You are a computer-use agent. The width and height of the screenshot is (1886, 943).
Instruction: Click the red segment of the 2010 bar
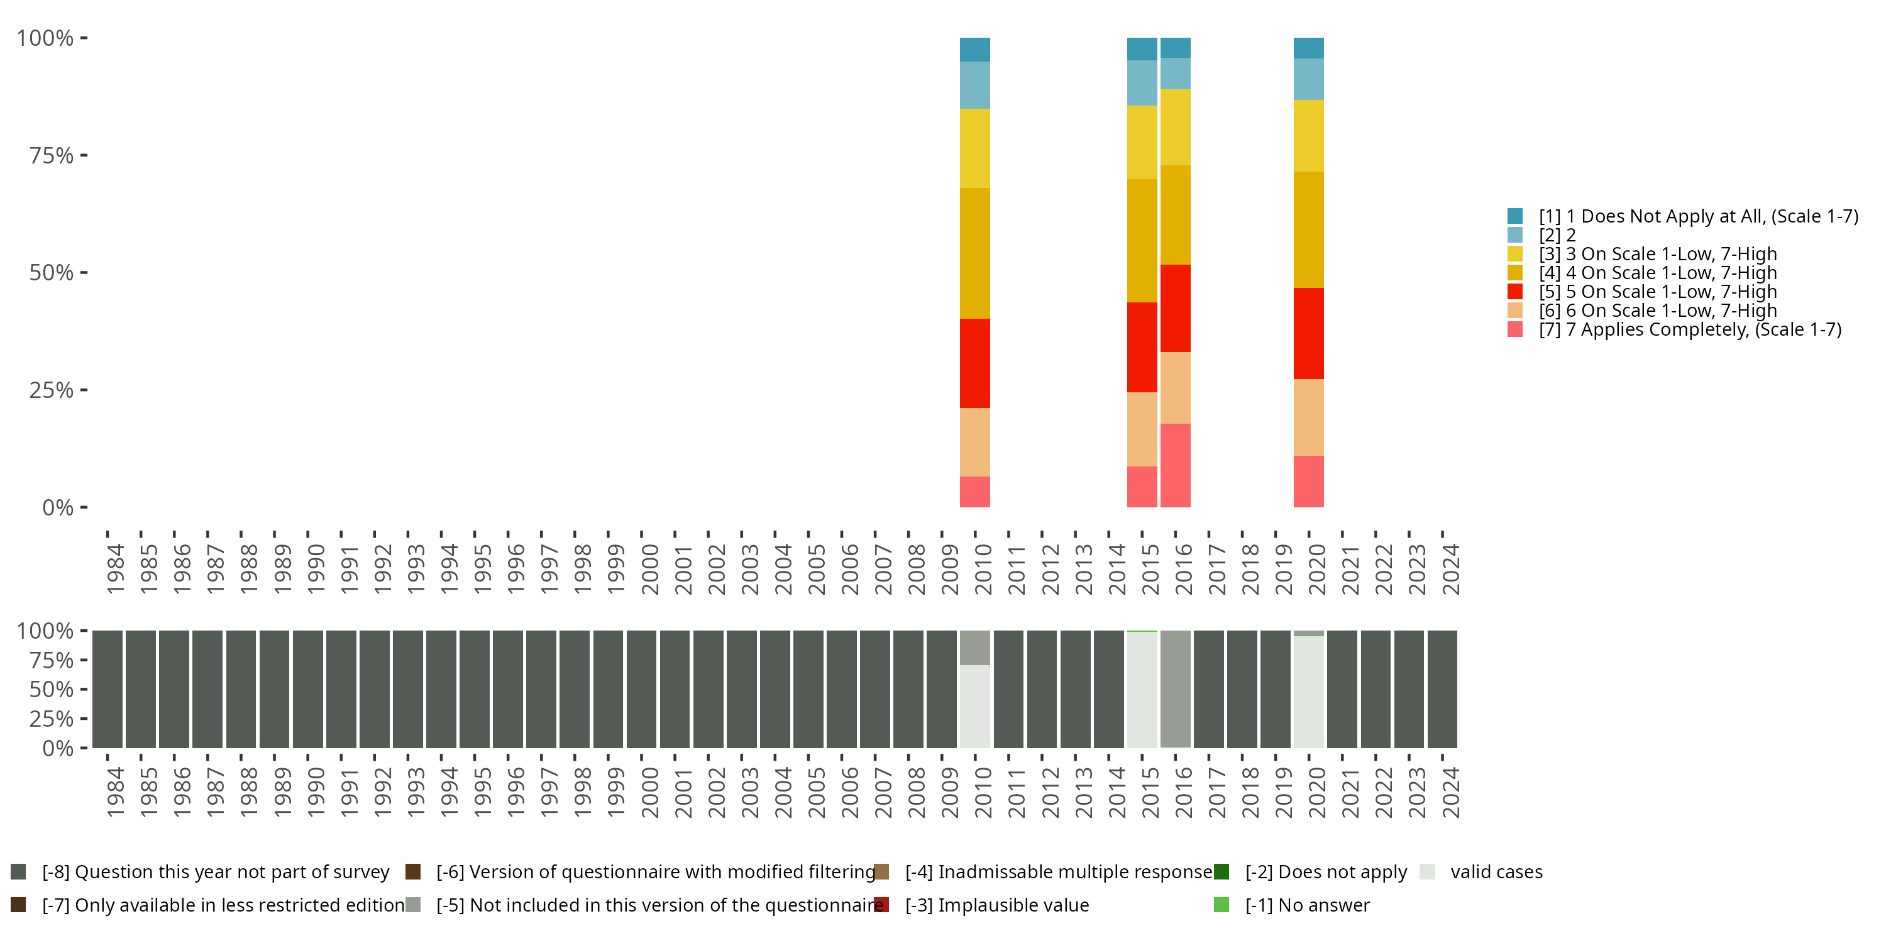click(974, 363)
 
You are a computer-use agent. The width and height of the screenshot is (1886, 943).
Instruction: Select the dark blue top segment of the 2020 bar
click(1308, 48)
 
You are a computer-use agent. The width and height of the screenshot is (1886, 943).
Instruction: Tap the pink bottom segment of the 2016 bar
click(1175, 465)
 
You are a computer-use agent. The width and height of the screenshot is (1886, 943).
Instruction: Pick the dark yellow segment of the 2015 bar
click(1142, 240)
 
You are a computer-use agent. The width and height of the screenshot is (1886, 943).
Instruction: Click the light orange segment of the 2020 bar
click(1308, 417)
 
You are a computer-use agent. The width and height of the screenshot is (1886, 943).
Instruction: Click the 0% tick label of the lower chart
click(57, 748)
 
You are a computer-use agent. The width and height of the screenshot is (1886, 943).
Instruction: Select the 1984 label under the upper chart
click(115, 569)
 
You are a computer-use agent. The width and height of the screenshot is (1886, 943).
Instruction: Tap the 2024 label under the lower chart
click(1450, 792)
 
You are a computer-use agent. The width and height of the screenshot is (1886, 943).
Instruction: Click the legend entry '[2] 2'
click(1557, 235)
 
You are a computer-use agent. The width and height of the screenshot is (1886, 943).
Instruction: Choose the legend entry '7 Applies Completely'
click(1689, 329)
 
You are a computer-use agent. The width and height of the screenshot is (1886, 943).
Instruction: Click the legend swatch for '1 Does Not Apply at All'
click(1515, 216)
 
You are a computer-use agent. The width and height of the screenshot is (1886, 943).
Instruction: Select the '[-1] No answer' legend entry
click(1307, 905)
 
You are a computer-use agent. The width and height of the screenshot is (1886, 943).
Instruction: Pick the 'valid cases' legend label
click(1496, 872)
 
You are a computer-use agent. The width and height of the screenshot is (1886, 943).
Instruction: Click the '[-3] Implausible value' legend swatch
click(881, 905)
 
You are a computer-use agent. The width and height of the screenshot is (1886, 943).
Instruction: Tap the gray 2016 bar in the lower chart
click(1175, 688)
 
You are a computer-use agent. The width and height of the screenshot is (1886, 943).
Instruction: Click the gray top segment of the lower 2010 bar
click(974, 648)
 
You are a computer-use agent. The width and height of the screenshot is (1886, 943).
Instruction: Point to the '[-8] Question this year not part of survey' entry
click(215, 872)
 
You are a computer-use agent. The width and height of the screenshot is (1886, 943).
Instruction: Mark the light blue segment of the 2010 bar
click(974, 85)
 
